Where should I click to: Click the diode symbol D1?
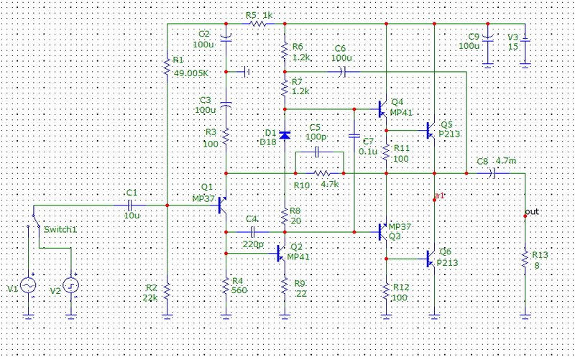pos(285,135)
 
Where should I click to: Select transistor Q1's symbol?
pos(223,206)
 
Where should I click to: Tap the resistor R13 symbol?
pos(525,259)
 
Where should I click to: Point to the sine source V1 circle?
pos(28,285)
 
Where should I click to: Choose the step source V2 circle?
pos(70,285)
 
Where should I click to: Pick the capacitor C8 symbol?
pos(492,173)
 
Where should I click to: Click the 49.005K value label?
pos(190,73)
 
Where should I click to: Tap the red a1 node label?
pos(439,195)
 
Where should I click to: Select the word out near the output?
pos(532,211)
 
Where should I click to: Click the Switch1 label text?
pos(60,230)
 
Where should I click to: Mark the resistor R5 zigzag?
pos(258,24)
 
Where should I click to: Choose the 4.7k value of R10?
pos(330,184)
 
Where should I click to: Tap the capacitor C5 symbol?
pos(318,152)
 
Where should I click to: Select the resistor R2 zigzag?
pos(167,291)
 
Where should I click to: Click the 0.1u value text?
pos(368,152)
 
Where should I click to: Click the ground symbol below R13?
pos(525,316)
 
